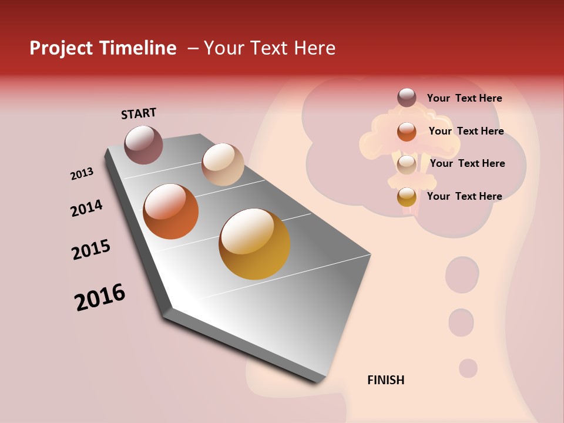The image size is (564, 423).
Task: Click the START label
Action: tap(139, 113)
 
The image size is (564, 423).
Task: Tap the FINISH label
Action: tap(385, 380)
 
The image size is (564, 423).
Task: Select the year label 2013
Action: tap(82, 174)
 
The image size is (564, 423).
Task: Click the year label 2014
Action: tap(86, 209)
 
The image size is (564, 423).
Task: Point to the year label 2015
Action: tap(91, 250)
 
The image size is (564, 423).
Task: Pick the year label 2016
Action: tap(100, 297)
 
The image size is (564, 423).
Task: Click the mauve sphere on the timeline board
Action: tap(144, 145)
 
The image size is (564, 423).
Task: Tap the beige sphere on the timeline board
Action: tap(223, 164)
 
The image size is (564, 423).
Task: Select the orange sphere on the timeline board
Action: tap(171, 211)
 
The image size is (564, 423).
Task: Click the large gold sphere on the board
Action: tap(254, 244)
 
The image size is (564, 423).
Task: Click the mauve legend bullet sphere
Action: tap(407, 98)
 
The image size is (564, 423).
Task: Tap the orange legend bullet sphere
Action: tap(407, 132)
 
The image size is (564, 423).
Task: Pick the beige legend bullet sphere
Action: tap(407, 164)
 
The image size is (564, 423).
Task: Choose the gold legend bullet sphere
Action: tap(407, 197)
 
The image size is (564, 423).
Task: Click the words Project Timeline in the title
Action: tap(103, 48)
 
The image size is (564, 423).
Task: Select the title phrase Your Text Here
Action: tap(270, 48)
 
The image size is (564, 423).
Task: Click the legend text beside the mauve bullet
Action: tap(464, 98)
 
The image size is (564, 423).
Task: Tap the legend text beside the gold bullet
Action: tap(464, 196)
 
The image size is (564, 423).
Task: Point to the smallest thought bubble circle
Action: tap(468, 368)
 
